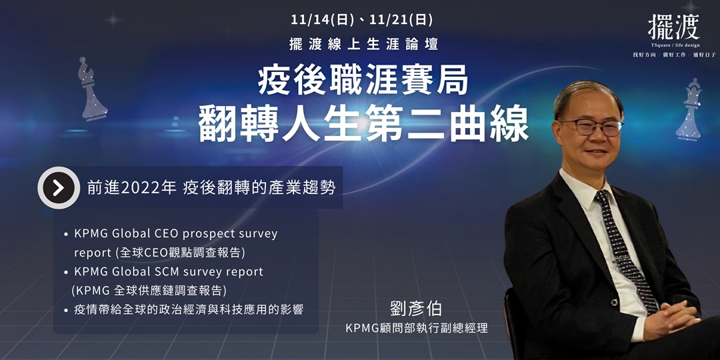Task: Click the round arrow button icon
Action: [x=58, y=188]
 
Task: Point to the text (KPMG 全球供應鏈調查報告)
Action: [x=149, y=291]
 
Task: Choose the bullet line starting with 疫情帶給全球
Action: [x=189, y=310]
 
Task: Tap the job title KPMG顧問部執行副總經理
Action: [x=417, y=329]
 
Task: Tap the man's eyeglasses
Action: [x=590, y=127]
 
